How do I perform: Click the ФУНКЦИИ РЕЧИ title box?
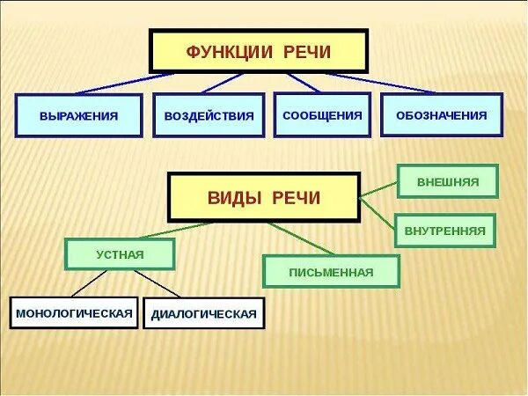(257, 52)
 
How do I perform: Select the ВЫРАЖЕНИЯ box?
(78, 115)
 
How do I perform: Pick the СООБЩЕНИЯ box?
(321, 114)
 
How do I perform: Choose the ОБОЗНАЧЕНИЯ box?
(441, 114)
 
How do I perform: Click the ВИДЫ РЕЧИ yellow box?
(263, 197)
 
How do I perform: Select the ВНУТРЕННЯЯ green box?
(445, 231)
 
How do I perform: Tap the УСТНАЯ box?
(120, 254)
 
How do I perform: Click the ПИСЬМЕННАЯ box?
(331, 271)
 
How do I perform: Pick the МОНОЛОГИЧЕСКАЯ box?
(75, 312)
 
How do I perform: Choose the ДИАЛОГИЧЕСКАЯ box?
(203, 313)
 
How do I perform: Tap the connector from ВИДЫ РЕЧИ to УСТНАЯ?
(176, 231)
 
